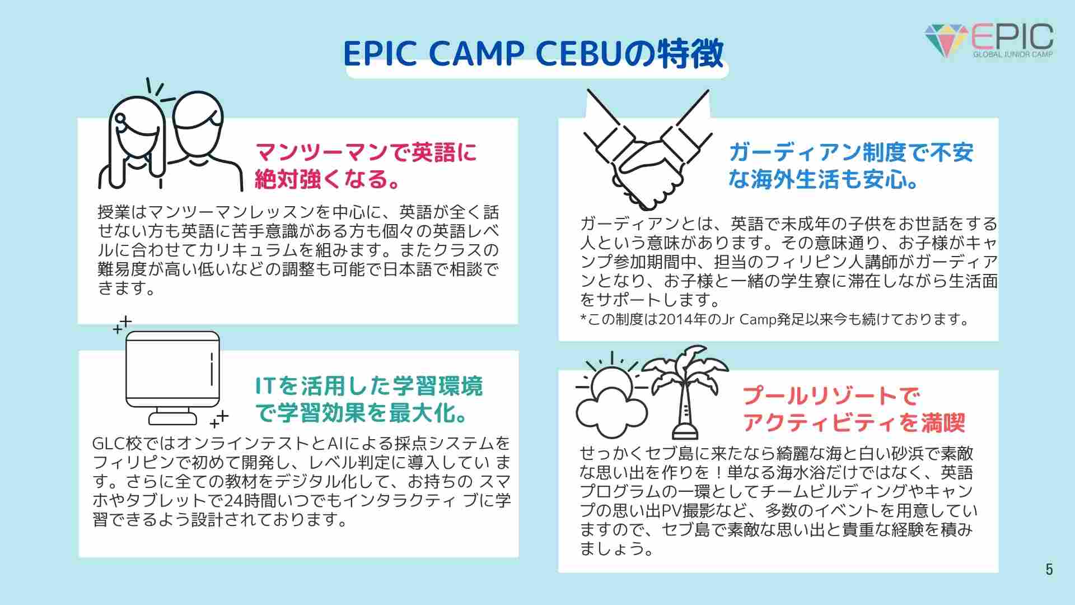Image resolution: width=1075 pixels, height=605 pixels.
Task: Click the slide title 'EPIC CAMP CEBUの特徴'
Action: [x=533, y=54]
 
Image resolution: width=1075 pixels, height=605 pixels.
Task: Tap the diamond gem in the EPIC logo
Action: [x=946, y=40]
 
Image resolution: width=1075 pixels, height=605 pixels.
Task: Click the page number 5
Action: [x=1049, y=569]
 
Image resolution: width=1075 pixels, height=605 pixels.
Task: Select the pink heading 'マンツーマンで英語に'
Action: [x=366, y=152]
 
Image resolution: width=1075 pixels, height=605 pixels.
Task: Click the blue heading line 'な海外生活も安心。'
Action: [x=823, y=179]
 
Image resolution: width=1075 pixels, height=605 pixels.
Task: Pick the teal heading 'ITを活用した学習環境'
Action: [x=368, y=386]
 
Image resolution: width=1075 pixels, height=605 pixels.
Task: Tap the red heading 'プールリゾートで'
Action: [x=831, y=396]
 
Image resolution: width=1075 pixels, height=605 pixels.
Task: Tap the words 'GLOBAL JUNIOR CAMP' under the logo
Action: [x=1013, y=54]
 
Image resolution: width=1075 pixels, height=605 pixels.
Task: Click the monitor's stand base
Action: [x=172, y=418]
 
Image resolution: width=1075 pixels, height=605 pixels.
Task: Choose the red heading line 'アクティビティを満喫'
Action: [x=854, y=423]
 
